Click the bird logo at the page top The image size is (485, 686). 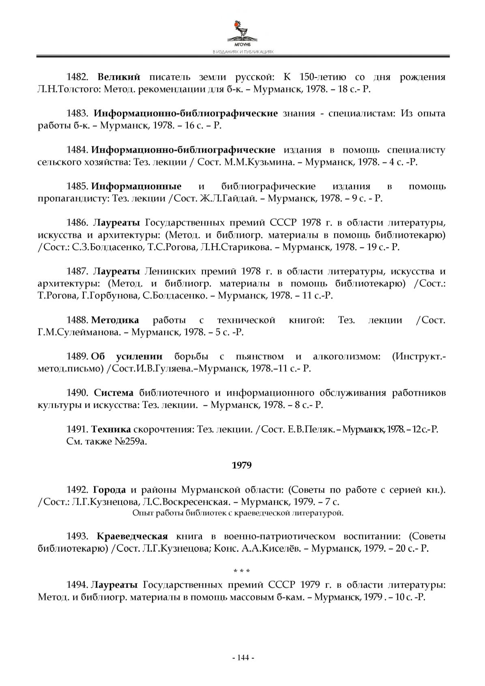point(242,30)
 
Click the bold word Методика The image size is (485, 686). point(115,320)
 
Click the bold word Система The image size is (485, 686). point(114,393)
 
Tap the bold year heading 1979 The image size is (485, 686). point(242,465)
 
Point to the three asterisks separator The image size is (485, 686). point(242,572)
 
